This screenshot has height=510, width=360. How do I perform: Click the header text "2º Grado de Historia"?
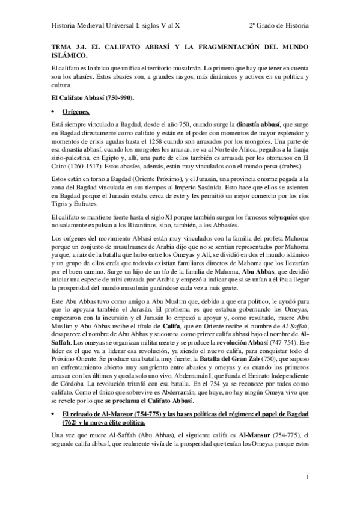[279, 26]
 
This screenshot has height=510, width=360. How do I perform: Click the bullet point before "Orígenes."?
[53, 112]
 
